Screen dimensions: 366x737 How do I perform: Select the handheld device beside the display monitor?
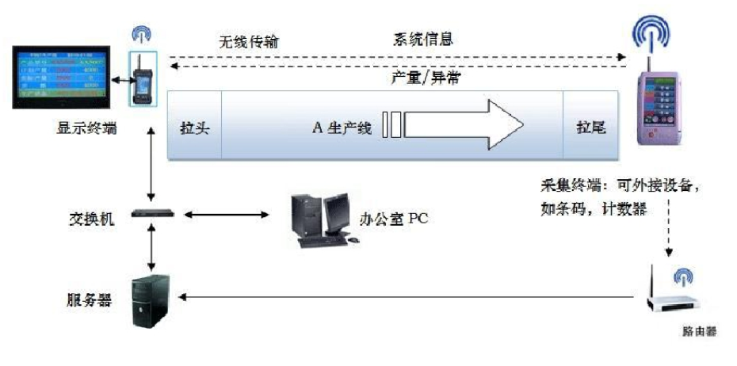(x=145, y=78)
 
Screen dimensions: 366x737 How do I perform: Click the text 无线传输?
(x=248, y=41)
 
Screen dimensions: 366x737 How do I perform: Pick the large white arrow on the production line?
(x=460, y=125)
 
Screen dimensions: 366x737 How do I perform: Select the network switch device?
(x=150, y=214)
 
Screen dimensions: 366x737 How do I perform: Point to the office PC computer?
(x=320, y=219)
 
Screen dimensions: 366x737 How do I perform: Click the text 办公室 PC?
(x=397, y=218)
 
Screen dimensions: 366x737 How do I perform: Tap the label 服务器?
(x=89, y=300)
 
